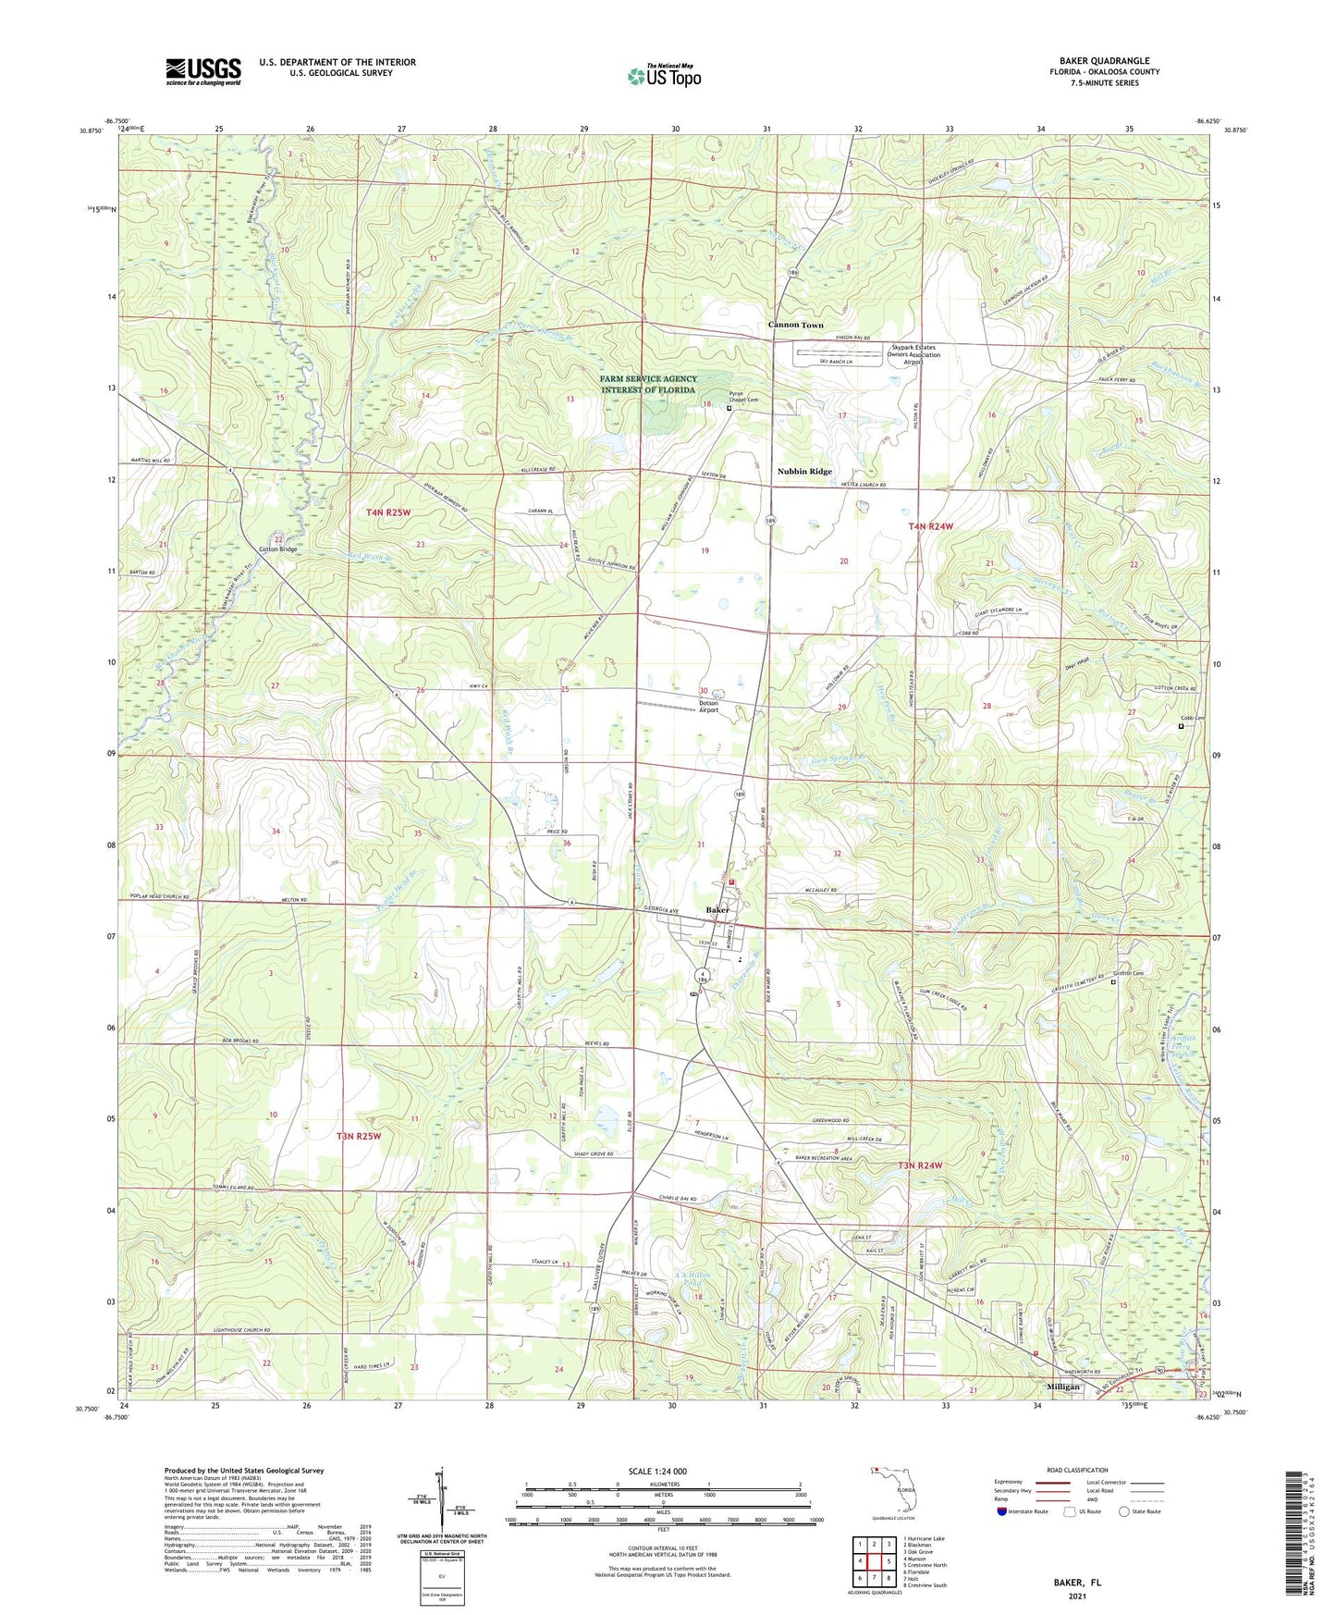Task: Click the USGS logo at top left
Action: [202, 71]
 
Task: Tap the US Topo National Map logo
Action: [664, 76]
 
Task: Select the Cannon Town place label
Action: [795, 325]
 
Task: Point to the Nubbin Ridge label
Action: [803, 471]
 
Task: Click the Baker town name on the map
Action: [717, 910]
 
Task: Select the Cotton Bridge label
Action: [277, 549]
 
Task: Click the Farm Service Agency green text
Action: [647, 384]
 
